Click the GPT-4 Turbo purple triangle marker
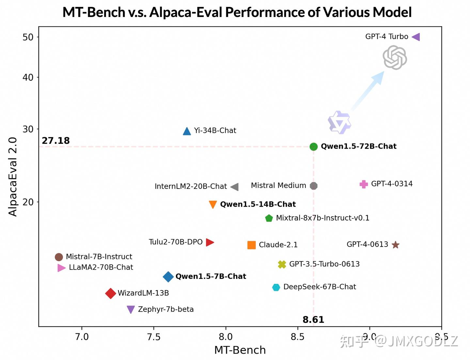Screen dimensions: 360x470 tap(416, 37)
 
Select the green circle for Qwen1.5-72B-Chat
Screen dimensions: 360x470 tap(313, 147)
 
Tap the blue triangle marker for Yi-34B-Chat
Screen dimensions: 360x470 tap(187, 131)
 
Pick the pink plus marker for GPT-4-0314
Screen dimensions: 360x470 tap(364, 184)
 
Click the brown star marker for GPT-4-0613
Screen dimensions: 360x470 tap(395, 245)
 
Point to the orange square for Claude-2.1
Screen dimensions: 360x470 tap(251, 245)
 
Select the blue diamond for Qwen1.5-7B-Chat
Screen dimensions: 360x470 tap(168, 277)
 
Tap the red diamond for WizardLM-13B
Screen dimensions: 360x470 tap(111, 293)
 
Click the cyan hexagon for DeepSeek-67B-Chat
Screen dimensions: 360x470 tap(276, 287)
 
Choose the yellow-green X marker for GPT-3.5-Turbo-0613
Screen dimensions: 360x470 tap(282, 264)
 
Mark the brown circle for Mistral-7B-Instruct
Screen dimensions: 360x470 tap(59, 257)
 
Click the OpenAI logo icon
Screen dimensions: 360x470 tap(395, 58)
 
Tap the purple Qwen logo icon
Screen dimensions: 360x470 tap(339, 123)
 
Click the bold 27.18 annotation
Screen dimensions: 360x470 tap(56, 141)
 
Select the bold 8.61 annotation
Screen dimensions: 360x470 tap(313, 320)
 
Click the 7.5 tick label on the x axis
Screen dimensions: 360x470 tap(154, 337)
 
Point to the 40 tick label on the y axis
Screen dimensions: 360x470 tap(28, 78)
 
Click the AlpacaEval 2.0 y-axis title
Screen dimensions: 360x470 tap(13, 176)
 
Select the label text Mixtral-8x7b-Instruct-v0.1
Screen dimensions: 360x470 tap(322, 218)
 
